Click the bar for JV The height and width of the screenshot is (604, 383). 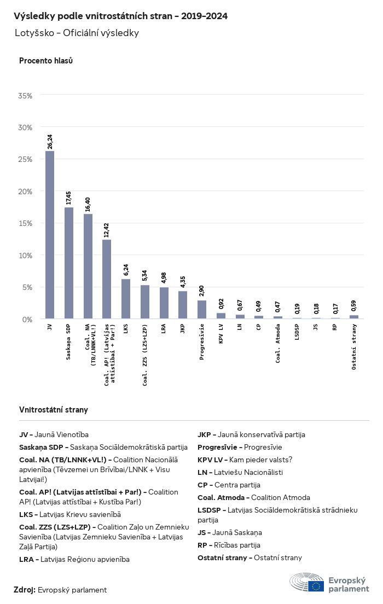(x=50, y=235)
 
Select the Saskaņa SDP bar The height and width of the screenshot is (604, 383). (x=69, y=263)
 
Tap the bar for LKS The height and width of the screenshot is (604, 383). (x=126, y=299)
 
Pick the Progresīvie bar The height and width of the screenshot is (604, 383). (x=202, y=309)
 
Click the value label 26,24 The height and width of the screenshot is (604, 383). (x=50, y=142)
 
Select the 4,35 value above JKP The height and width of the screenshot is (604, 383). (x=183, y=282)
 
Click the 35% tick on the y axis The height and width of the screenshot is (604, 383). (x=26, y=96)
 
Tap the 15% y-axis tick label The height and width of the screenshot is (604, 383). (x=26, y=223)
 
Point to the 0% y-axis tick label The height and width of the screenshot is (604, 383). (x=28, y=319)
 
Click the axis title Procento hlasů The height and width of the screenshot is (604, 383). (x=46, y=61)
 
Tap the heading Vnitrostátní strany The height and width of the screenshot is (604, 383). (x=54, y=410)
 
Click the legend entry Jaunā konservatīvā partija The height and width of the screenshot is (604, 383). (x=251, y=434)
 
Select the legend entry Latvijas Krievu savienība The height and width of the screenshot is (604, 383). (x=70, y=514)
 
